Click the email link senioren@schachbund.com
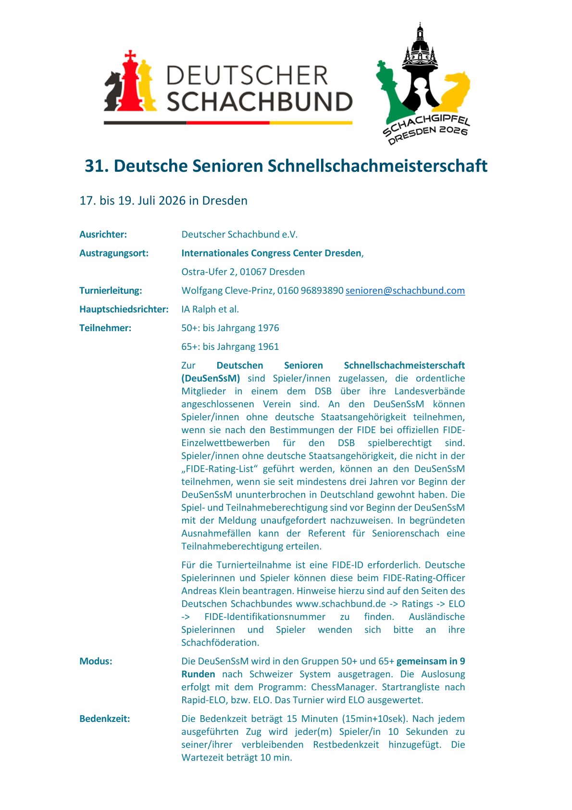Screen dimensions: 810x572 click(405, 291)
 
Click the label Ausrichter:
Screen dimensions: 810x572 click(103, 235)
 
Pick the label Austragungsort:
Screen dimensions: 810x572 click(113, 253)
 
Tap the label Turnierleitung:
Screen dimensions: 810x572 click(110, 291)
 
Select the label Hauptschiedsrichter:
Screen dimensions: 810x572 click(124, 309)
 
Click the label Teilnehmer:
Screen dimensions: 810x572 click(105, 328)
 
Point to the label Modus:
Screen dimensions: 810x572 click(96, 661)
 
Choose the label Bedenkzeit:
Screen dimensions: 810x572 click(104, 719)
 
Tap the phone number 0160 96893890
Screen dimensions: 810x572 click(310, 291)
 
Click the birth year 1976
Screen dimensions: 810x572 click(268, 328)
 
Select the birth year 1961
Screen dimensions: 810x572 click(268, 347)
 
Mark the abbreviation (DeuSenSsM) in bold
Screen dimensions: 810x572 click(211, 378)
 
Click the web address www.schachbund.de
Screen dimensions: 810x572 click(341, 604)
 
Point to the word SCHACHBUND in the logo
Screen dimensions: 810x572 click(260, 102)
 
